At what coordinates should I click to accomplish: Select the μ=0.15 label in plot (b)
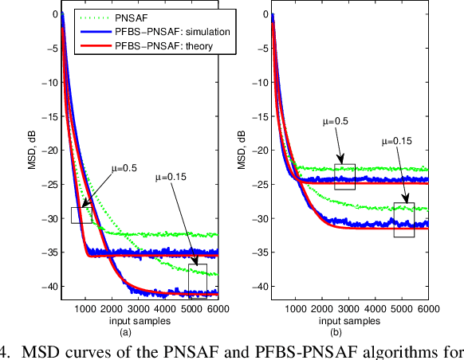(393, 141)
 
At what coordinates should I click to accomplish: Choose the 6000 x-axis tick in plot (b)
(428, 309)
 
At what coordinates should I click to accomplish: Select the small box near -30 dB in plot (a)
(81, 214)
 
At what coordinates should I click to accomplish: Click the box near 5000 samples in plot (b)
(404, 220)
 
